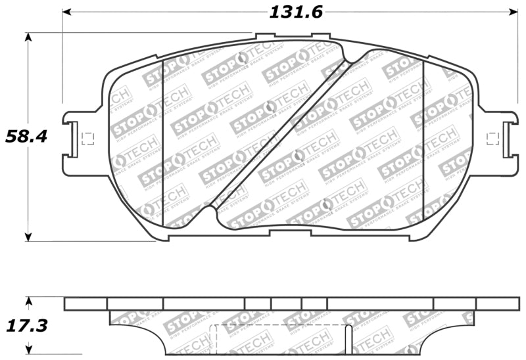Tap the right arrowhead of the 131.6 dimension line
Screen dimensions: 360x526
[x=514, y=12]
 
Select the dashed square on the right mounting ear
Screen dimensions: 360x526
[x=492, y=137]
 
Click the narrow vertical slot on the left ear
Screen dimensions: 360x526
[x=74, y=140]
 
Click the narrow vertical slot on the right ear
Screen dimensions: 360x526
[x=506, y=139]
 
